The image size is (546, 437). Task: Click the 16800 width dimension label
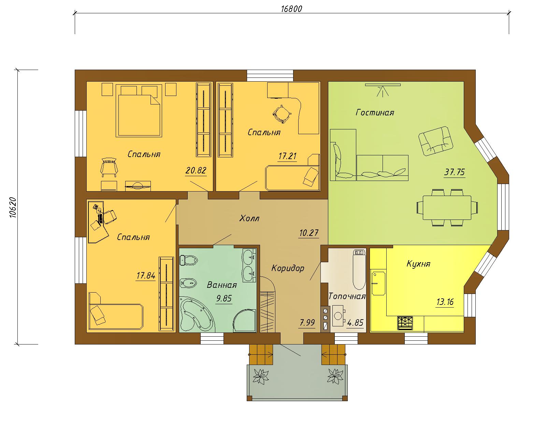pos(291,9)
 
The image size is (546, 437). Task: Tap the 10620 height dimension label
pos(13,208)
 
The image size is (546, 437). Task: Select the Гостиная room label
pos(375,112)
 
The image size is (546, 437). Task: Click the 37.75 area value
pos(455,172)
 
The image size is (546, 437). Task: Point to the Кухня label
pos(418,264)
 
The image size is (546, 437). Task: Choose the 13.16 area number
pos(445,302)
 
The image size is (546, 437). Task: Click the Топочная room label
pos(347,296)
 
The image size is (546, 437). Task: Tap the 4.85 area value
pos(355,323)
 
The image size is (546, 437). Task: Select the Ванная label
pos(222,285)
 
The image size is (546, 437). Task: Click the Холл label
pos(249,218)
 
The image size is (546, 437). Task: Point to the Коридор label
pos(288,268)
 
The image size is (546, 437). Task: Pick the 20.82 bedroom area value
pos(196,170)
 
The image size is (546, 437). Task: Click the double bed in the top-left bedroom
pos(139,111)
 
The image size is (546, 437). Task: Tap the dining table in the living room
pos(447,208)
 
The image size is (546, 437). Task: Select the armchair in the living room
pos(436,141)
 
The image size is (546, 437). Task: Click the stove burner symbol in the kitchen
pos(405,323)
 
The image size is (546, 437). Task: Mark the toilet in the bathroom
pos(188,260)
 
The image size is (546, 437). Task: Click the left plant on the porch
pos(261,376)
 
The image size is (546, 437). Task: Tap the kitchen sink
pos(378,283)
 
